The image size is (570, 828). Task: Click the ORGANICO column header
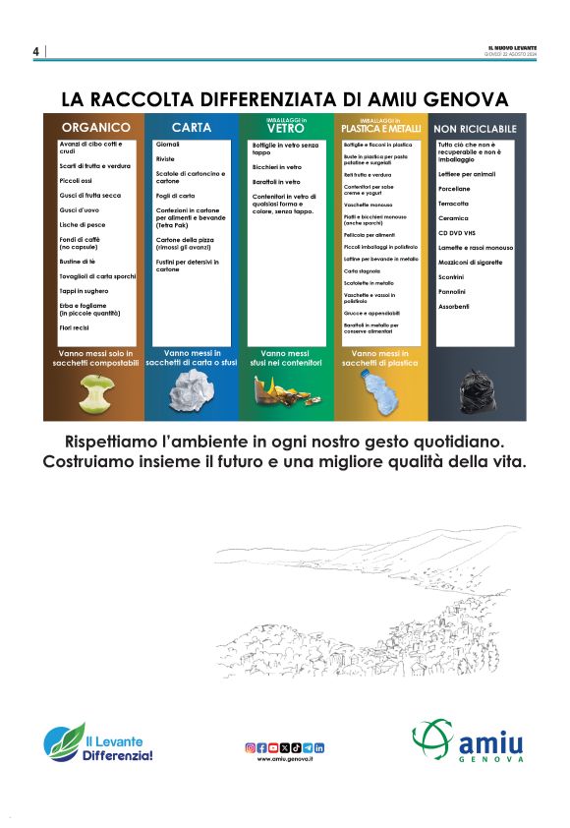(96, 128)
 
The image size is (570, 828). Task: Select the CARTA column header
(191, 128)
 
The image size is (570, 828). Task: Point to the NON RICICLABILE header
(475, 128)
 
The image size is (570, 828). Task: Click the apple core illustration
(94, 392)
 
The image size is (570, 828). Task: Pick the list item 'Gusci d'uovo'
(79, 209)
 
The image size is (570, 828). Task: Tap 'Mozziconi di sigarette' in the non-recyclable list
(470, 263)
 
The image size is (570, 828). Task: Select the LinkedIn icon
(320, 748)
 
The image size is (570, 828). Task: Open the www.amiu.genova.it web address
(285, 760)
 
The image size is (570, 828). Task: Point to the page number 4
(35, 51)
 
